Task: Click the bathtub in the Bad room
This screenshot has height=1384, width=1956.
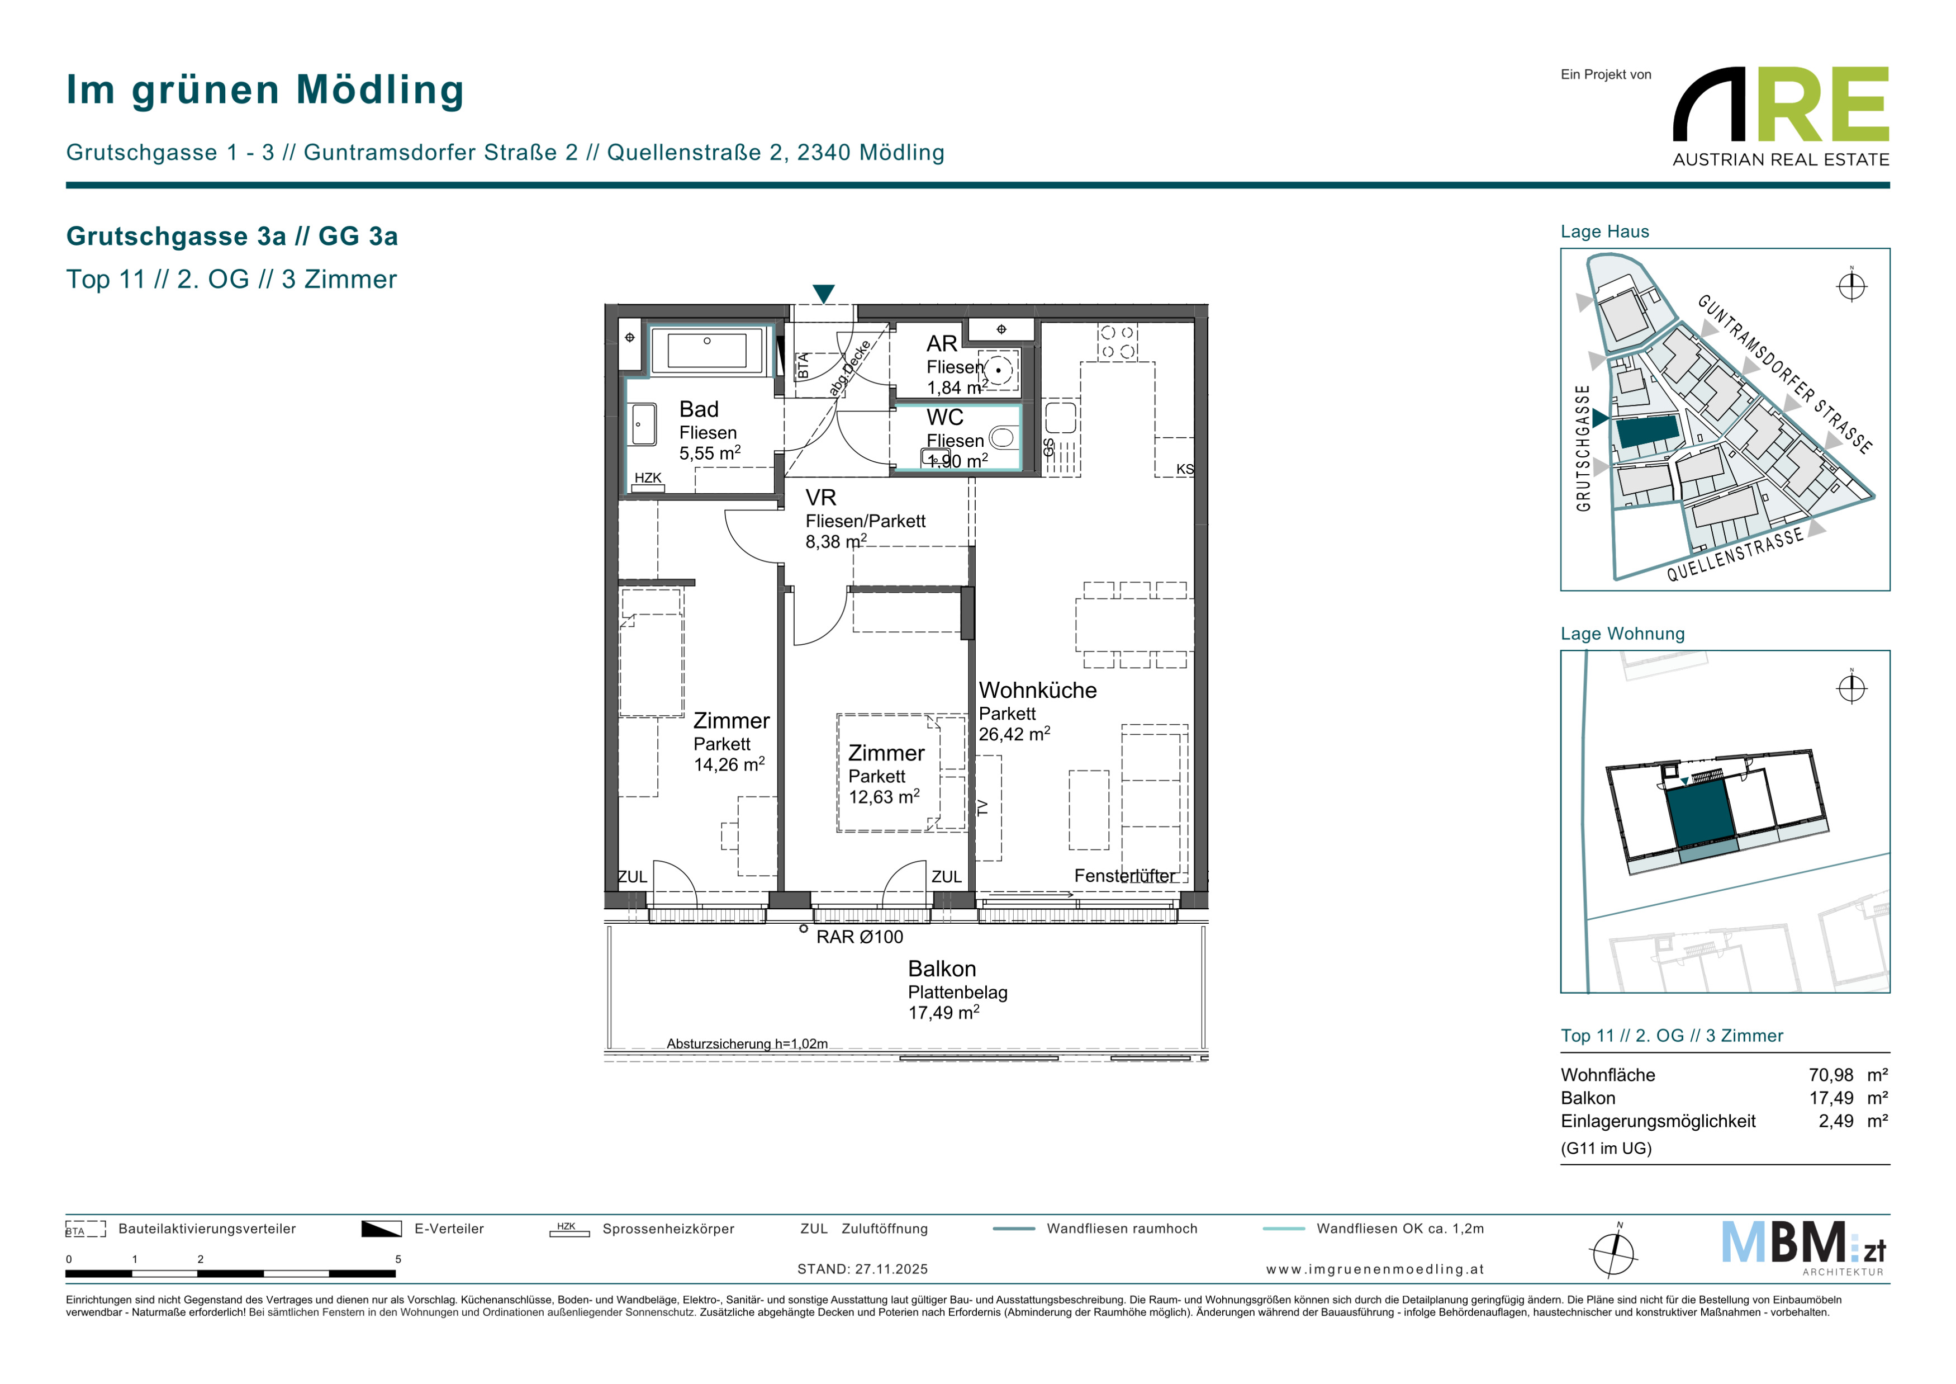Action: pyautogui.click(x=707, y=350)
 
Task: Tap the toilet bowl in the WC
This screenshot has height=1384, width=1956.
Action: pyautogui.click(x=1003, y=438)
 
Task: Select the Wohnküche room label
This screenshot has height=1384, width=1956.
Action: pyautogui.click(x=1038, y=690)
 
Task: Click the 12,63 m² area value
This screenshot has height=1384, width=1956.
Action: pyautogui.click(x=884, y=797)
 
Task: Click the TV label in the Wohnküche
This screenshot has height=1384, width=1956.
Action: pyautogui.click(x=983, y=807)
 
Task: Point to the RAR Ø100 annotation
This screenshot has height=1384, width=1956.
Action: pyautogui.click(x=860, y=937)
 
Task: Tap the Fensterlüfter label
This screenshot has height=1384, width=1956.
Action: pyautogui.click(x=1124, y=876)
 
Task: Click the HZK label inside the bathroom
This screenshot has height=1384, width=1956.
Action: pyautogui.click(x=648, y=478)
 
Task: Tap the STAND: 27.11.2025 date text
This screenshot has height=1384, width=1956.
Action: pyautogui.click(x=862, y=1269)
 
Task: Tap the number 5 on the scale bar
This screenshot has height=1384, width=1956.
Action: pyautogui.click(x=398, y=1259)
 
